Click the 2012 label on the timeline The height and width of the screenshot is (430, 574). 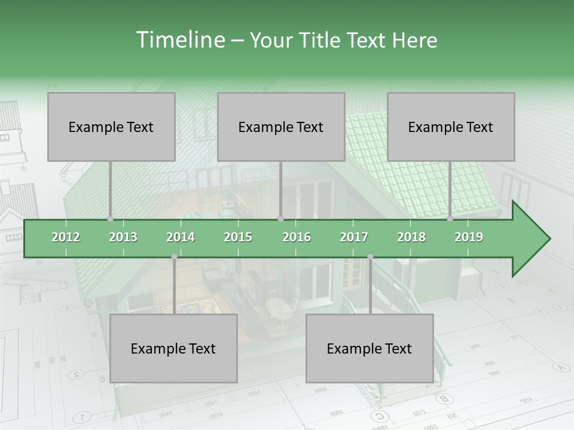(x=66, y=237)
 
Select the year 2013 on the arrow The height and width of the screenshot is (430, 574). (x=123, y=237)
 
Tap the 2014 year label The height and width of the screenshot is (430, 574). (x=181, y=237)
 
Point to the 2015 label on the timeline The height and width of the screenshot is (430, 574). (x=238, y=237)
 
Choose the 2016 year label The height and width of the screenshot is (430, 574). (x=297, y=237)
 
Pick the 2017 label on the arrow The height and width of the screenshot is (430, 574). (x=354, y=237)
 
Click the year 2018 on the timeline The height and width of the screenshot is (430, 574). (x=411, y=237)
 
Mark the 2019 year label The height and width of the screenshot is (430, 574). (x=469, y=237)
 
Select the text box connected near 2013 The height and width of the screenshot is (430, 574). (x=111, y=127)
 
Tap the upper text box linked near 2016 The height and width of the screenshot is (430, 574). (x=281, y=127)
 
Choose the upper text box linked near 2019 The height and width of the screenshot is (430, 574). (x=451, y=127)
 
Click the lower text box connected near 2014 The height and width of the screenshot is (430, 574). (x=173, y=348)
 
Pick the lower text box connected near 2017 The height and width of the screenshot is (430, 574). (x=370, y=348)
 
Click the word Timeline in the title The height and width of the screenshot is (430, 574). (x=180, y=40)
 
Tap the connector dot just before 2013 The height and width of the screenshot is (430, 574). (x=111, y=219)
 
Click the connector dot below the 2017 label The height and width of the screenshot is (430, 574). (x=370, y=257)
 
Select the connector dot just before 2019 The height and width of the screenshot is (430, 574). (x=450, y=219)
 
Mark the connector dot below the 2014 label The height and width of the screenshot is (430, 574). (x=174, y=257)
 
